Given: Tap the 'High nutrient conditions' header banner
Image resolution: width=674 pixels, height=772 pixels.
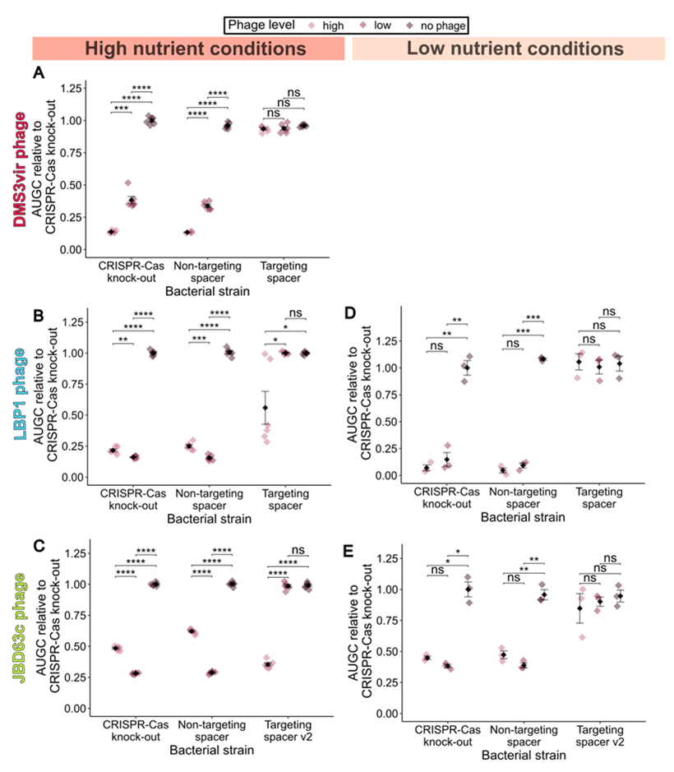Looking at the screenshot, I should pos(192,49).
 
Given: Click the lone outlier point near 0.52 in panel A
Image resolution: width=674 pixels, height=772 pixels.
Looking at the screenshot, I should pos(128,183).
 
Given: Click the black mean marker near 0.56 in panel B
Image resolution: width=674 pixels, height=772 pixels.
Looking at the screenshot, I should pos(265,408).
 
